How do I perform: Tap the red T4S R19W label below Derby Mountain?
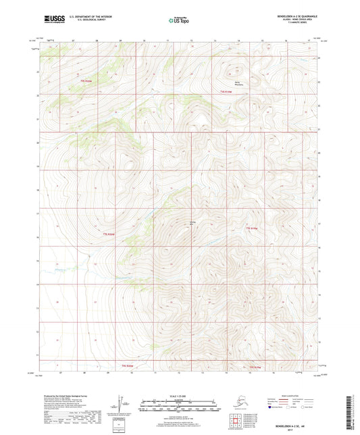click(226, 91)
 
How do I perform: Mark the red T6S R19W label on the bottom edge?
click(255, 367)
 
